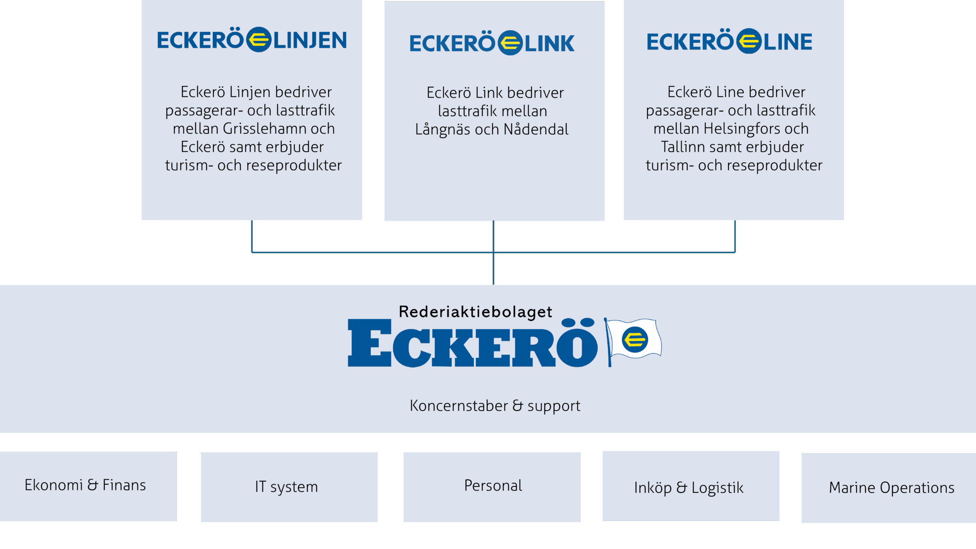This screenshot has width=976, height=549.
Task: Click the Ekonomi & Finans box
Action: click(x=88, y=486)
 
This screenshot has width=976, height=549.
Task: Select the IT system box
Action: click(x=289, y=487)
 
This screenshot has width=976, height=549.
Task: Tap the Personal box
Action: click(x=491, y=486)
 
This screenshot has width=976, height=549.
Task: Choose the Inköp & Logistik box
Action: click(x=690, y=486)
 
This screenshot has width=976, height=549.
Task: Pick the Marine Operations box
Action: click(x=888, y=488)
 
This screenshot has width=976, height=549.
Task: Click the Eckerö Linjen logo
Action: click(x=252, y=40)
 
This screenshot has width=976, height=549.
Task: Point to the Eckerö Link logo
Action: click(x=492, y=43)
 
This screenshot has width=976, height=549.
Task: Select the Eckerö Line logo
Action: click(x=729, y=41)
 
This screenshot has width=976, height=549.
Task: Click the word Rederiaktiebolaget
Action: click(x=475, y=312)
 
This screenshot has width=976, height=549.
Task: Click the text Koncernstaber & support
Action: click(x=494, y=406)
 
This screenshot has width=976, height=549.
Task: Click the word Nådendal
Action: click(x=536, y=130)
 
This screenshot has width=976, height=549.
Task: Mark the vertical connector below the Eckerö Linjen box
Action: click(x=252, y=236)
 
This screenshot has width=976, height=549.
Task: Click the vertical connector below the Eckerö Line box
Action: click(x=735, y=236)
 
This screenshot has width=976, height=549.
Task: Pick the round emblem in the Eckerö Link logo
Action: click(x=510, y=43)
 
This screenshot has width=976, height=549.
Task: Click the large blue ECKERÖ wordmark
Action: click(x=472, y=343)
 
